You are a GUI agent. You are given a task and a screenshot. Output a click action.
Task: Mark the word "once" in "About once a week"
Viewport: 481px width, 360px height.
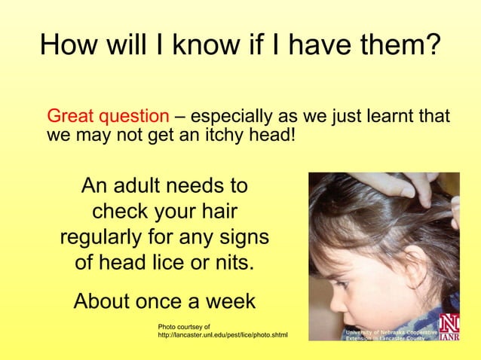tap(167, 301)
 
